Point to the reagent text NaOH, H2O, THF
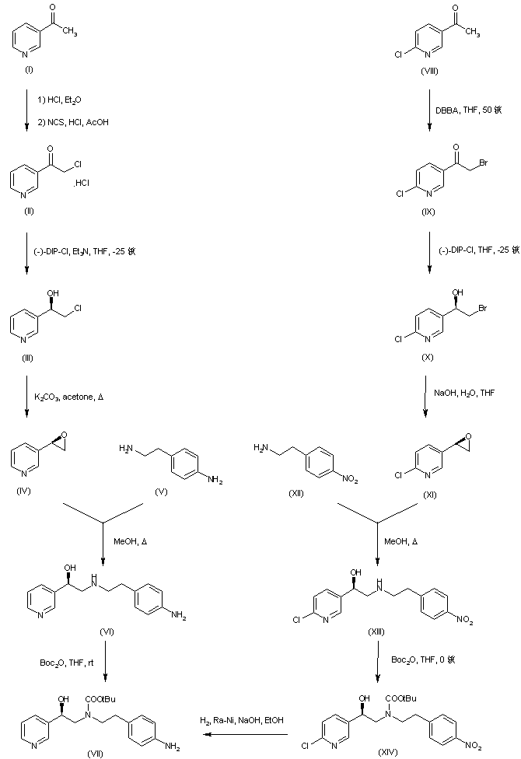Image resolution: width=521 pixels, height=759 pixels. click(465, 393)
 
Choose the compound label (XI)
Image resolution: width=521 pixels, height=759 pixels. click(428, 495)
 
